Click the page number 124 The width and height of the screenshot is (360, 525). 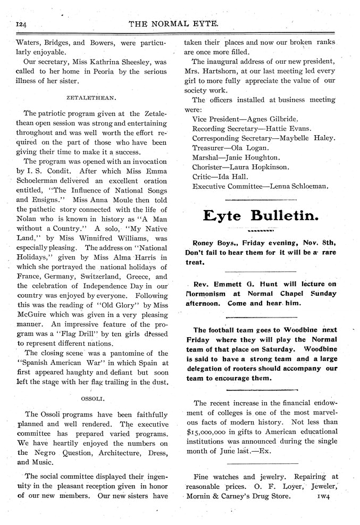point(23,24)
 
